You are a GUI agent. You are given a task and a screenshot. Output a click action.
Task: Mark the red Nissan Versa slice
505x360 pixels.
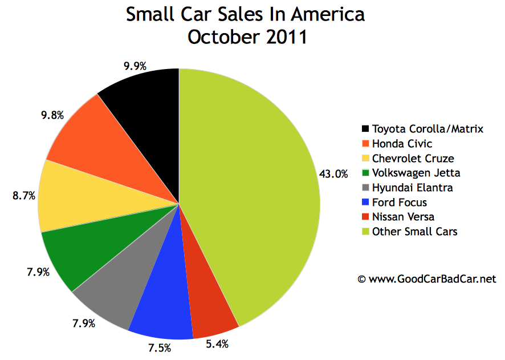tap(208, 302)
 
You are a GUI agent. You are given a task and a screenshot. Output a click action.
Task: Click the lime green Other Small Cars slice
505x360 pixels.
tap(256, 194)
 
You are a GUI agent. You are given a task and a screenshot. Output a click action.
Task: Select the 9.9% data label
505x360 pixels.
tap(135, 66)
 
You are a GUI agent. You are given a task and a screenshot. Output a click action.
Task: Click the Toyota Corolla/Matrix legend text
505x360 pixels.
tap(427, 129)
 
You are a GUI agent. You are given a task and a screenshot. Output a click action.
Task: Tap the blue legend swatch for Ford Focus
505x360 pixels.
tap(365, 203)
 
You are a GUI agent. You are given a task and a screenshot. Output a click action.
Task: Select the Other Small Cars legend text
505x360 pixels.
tap(414, 232)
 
